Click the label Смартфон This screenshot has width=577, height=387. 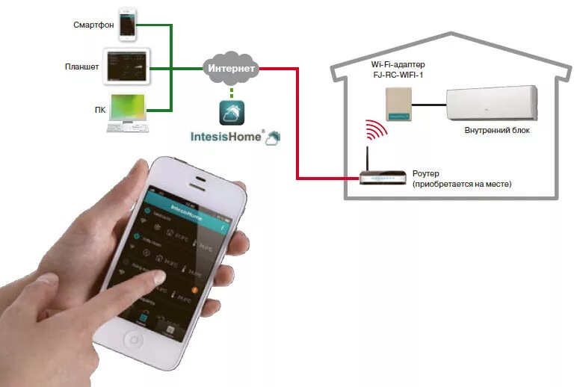tap(93, 25)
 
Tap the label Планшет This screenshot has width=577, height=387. tap(82, 67)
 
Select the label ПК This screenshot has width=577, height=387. tap(99, 111)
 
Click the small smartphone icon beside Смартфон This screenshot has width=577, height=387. tap(129, 25)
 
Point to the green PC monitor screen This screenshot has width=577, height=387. tap(129, 108)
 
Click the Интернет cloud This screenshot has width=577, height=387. tap(232, 68)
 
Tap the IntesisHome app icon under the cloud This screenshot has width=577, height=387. tap(232, 113)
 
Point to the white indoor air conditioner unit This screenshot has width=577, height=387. tap(491, 102)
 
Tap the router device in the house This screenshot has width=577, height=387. tap(382, 177)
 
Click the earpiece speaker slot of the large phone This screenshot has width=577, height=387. tap(198, 179)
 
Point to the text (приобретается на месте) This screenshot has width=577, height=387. tap(462, 184)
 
